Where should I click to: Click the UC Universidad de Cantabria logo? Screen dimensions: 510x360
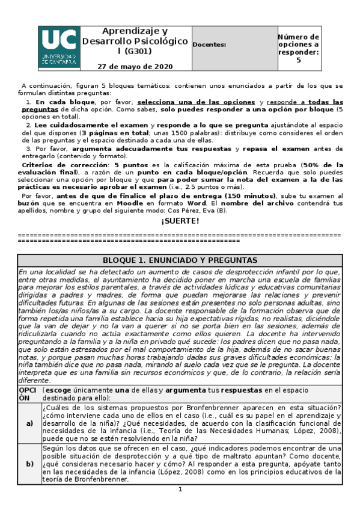(59, 46)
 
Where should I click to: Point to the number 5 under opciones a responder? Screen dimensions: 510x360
(299, 60)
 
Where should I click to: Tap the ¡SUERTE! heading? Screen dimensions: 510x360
(180, 221)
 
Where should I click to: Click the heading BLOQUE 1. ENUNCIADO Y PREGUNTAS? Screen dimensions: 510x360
(180, 260)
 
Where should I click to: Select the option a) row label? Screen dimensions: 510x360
(29, 423)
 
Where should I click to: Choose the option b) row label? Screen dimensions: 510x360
(29, 464)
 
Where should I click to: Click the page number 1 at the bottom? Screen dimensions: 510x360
(180, 490)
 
